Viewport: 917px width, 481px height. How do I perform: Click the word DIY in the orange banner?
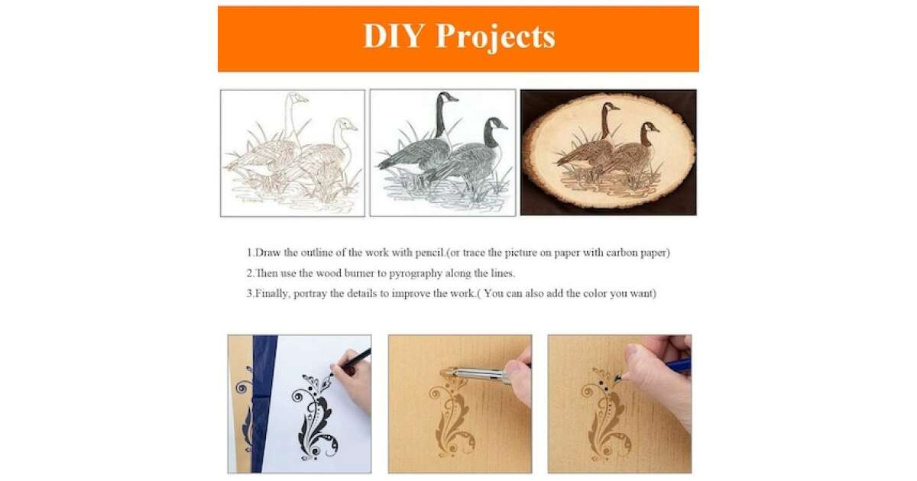[x=393, y=36]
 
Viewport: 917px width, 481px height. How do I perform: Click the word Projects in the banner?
[x=496, y=38]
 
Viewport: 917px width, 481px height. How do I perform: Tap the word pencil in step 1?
[x=429, y=253]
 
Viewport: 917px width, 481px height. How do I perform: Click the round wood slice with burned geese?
[x=608, y=151]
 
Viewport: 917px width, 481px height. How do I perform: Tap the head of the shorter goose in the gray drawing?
[x=497, y=124]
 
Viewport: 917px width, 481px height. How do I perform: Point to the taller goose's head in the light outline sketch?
[x=297, y=98]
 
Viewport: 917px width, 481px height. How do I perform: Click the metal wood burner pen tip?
[x=448, y=373]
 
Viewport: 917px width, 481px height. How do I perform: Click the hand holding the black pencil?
[x=353, y=383]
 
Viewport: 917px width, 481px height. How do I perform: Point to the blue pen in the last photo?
[x=677, y=365]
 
